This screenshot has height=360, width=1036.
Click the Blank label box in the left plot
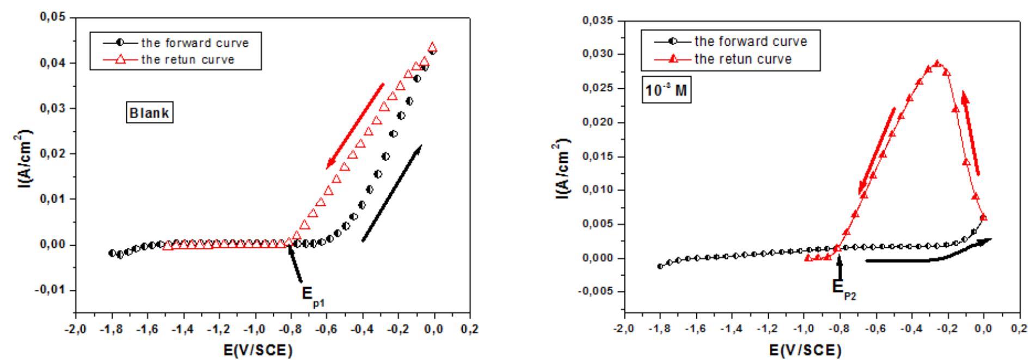point(150,114)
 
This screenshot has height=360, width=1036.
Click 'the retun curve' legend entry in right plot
point(743,59)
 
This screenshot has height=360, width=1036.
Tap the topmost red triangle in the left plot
point(433,47)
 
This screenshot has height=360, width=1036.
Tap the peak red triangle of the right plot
point(937,64)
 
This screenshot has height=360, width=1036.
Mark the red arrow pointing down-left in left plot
point(355,125)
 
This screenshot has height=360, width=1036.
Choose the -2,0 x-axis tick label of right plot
point(623,330)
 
